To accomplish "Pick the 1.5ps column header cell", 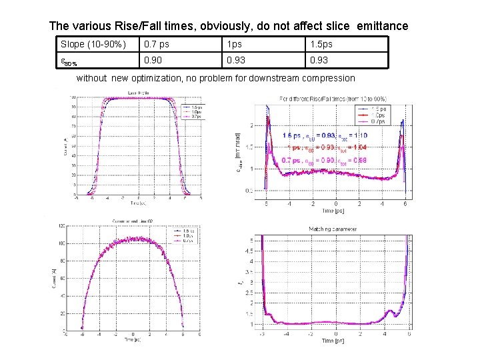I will [x=319, y=44].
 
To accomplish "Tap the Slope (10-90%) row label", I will [x=93, y=44].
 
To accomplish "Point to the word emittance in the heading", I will [x=382, y=27].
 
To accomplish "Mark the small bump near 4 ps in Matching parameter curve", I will [x=389, y=310].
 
